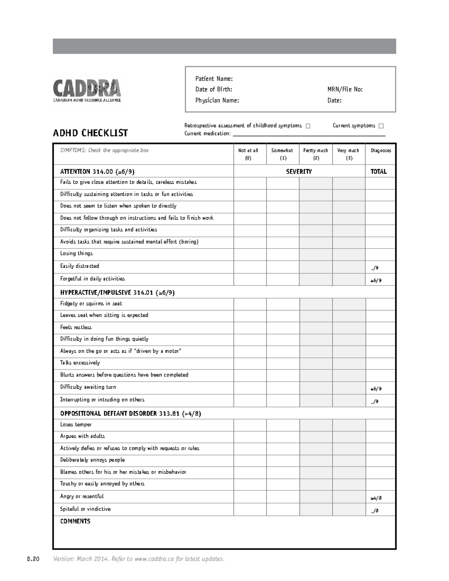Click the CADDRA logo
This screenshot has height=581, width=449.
(87, 90)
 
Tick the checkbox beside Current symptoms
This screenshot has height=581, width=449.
(381, 126)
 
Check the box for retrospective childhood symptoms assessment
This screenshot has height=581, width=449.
(308, 126)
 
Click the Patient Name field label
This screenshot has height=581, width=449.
(214, 79)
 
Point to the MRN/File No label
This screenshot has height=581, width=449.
(345, 89)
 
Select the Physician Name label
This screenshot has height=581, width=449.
(217, 100)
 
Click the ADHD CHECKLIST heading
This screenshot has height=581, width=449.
(90, 133)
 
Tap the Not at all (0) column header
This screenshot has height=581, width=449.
(248, 154)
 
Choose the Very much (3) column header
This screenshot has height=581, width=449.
(348, 154)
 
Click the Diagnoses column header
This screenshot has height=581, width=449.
(381, 150)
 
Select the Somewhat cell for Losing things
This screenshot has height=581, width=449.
(282, 254)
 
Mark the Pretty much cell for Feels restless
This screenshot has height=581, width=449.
(315, 328)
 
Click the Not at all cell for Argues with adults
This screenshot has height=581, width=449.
(250, 437)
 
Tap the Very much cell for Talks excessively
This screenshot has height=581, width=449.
(348, 363)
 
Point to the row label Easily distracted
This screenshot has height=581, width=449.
(80, 266)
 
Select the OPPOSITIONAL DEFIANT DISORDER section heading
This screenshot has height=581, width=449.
(130, 413)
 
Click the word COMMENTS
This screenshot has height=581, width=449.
(75, 521)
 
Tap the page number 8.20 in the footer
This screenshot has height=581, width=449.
(33, 559)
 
